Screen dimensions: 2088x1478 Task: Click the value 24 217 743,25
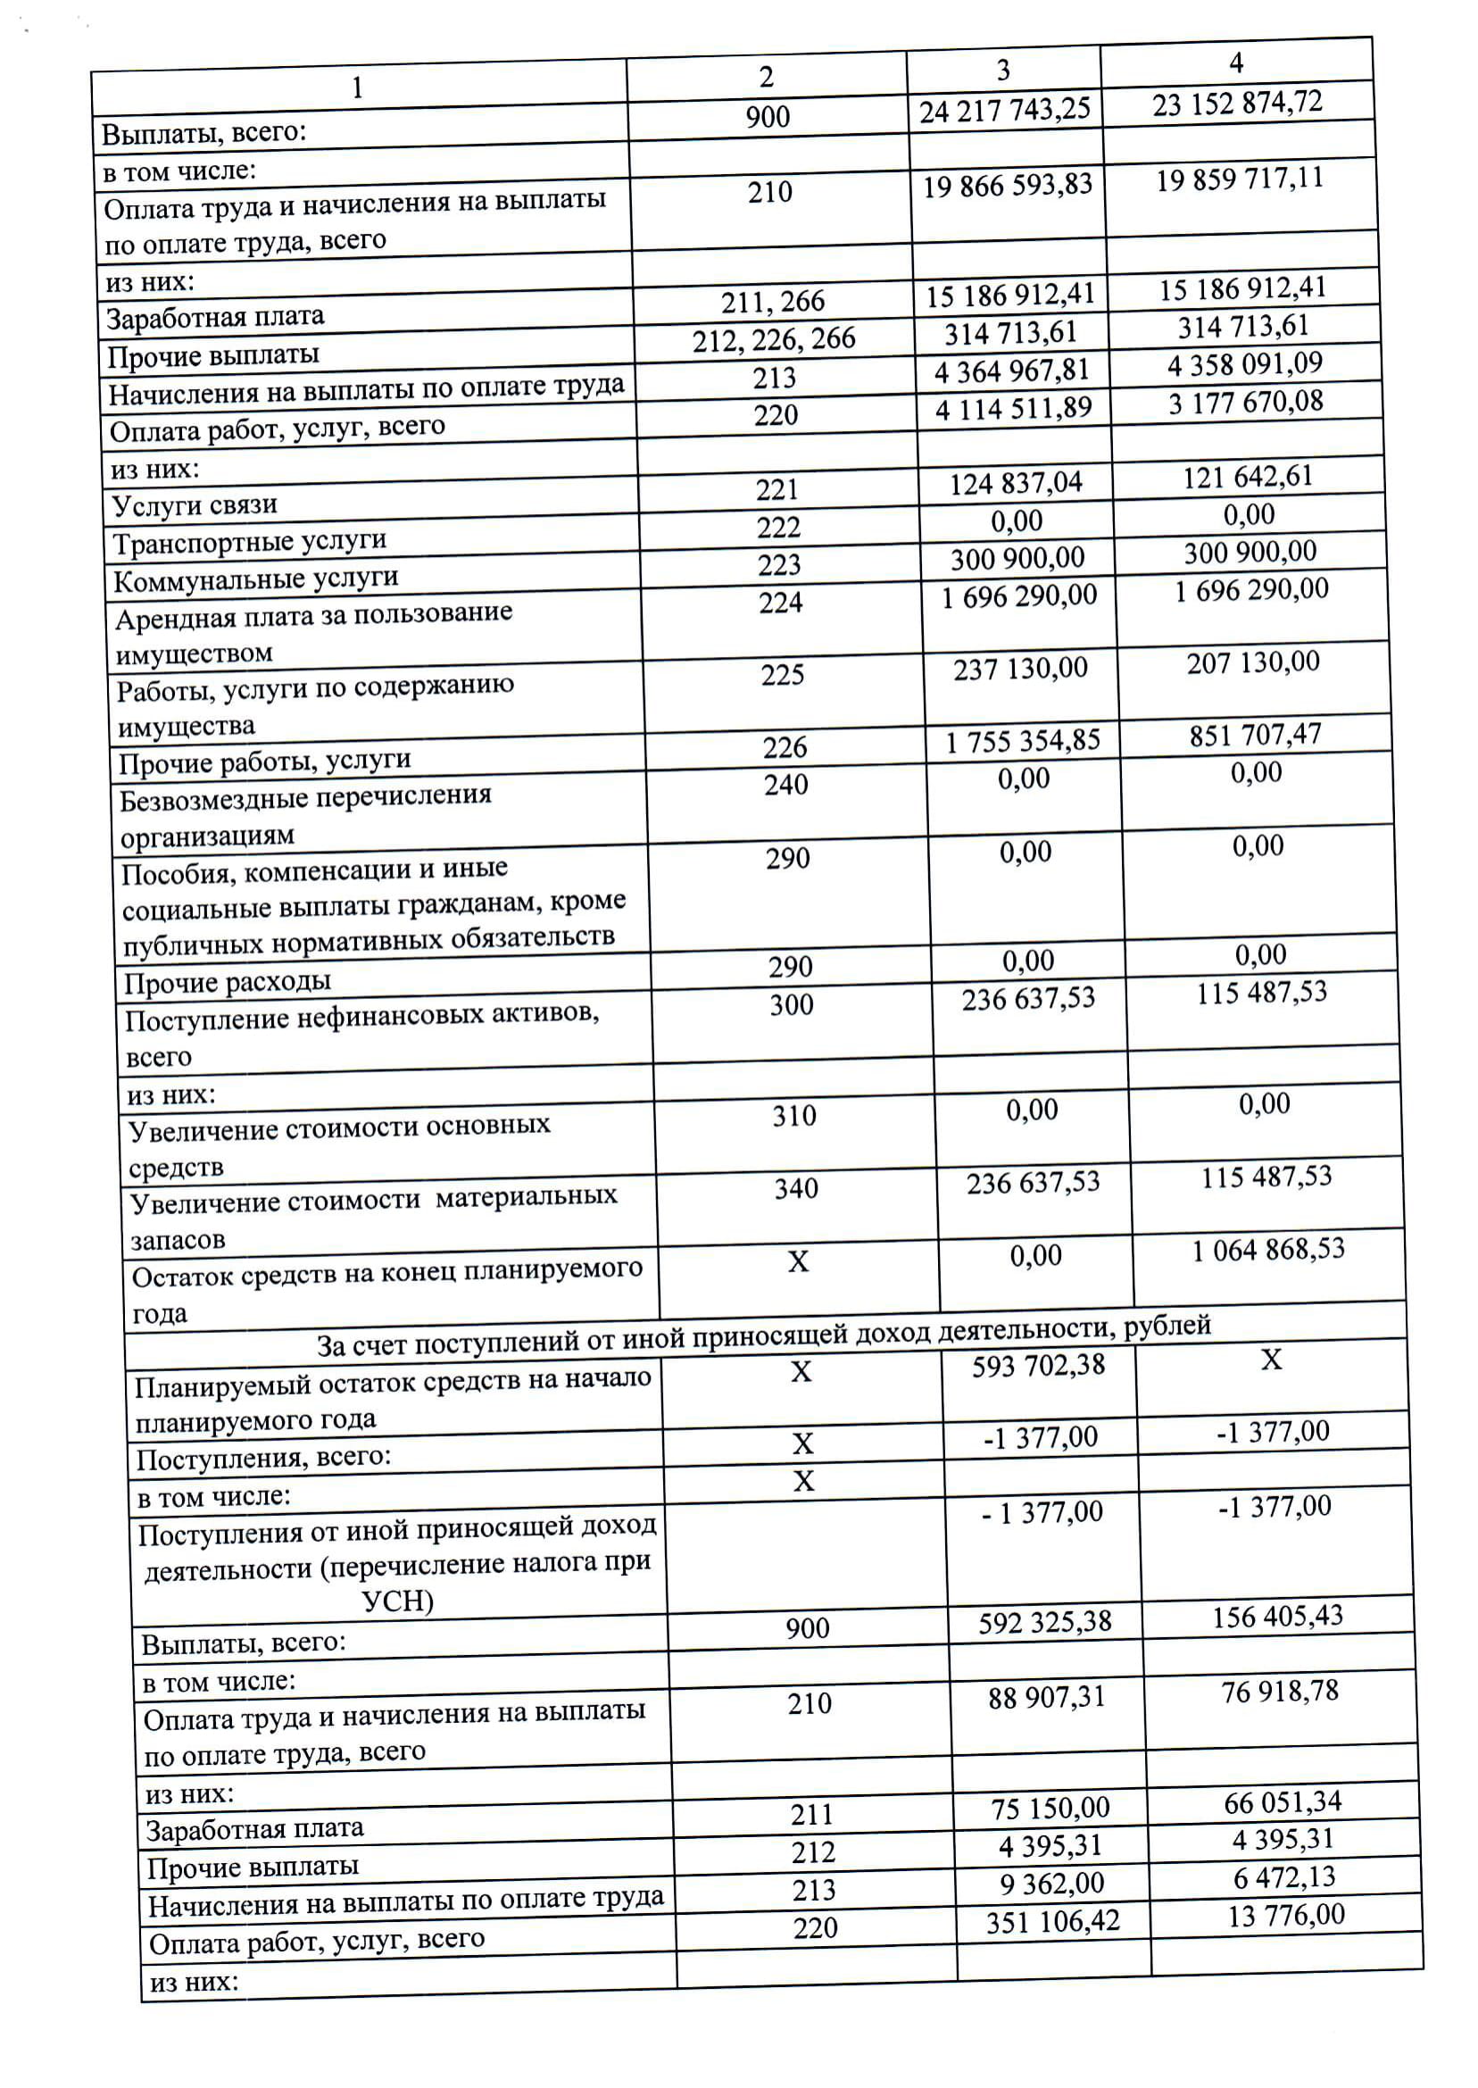[x=1004, y=111]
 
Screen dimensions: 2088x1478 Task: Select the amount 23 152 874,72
[x=1237, y=104]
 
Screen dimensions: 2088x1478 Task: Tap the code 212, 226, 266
[x=774, y=339]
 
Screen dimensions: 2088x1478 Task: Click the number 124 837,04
[x=1016, y=483]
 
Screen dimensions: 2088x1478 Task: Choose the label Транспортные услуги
[x=249, y=543]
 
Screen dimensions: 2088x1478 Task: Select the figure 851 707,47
[x=1255, y=735]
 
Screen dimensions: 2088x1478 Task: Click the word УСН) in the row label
[x=398, y=1601]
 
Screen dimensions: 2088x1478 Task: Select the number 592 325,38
[x=1045, y=1622]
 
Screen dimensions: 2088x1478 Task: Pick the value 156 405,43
[x=1277, y=1617]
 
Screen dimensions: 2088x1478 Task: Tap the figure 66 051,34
[x=1283, y=1801]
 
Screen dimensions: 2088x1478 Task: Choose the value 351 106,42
[x=1053, y=1921]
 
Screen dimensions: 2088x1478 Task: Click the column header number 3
[x=1003, y=71]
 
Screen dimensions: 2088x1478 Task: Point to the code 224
[x=781, y=603]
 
